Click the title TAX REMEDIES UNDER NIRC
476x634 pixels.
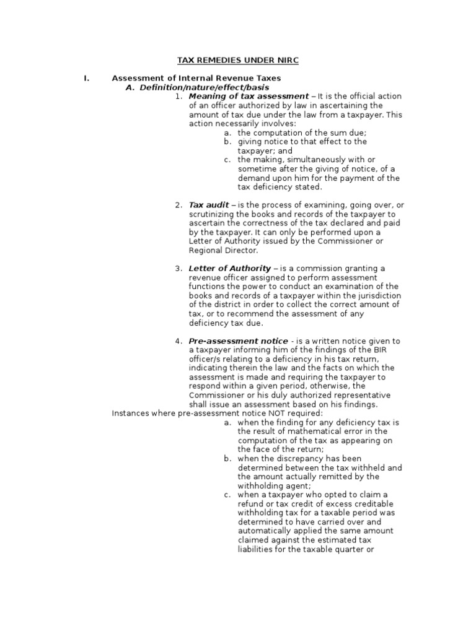click(x=238, y=60)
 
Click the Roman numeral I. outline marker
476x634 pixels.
click(x=87, y=79)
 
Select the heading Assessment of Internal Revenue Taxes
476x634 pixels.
click(x=196, y=79)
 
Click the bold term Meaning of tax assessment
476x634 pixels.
click(x=249, y=97)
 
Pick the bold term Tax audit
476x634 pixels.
click(x=208, y=205)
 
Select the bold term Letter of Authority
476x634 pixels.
click(x=230, y=268)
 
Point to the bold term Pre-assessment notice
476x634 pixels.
click(x=238, y=341)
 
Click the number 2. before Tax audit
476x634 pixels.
click(x=178, y=205)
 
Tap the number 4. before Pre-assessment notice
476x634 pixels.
click(x=178, y=341)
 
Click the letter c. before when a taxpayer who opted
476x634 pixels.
click(x=228, y=495)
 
